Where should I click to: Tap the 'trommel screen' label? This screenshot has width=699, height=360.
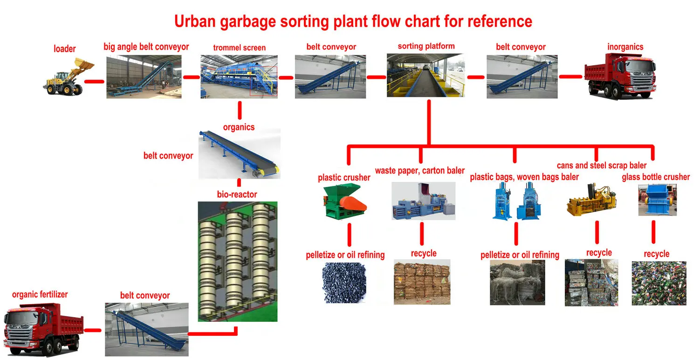pos(240,48)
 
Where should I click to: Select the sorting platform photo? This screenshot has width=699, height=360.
pos(425,75)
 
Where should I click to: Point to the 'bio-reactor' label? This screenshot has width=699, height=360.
pos(237,194)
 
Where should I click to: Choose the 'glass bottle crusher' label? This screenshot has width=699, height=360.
pos(656,177)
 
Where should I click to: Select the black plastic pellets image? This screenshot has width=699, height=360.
pos(344,283)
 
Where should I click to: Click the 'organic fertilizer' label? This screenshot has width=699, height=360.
pos(40,294)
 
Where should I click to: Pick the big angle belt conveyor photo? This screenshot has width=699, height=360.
pos(144,76)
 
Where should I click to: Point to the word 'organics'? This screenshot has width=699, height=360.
pos(239,127)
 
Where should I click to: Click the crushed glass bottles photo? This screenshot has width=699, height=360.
pos(658,283)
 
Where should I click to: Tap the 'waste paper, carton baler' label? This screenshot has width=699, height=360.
pos(420,170)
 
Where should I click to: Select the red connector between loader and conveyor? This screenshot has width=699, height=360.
pos(94,82)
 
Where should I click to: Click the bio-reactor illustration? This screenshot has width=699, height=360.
pos(237,261)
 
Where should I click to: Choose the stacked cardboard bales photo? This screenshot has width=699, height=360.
pos(422,282)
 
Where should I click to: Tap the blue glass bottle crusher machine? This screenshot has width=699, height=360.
pos(657,200)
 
